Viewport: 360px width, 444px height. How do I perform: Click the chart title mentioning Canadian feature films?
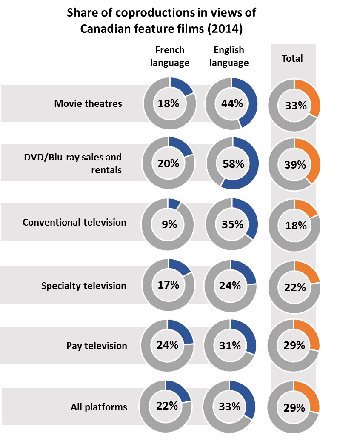click(161, 21)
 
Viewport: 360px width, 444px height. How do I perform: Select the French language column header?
click(170, 56)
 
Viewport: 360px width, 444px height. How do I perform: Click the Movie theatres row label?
click(88, 103)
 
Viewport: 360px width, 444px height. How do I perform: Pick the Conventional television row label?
click(74, 222)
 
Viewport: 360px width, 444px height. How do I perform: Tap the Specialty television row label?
click(84, 286)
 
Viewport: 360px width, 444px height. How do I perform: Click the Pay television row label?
click(97, 345)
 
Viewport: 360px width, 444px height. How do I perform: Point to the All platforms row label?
click(99, 407)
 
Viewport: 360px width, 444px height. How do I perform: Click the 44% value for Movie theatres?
click(232, 103)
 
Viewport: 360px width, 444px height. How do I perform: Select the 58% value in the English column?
click(232, 163)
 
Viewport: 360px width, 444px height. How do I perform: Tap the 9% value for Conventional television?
click(169, 224)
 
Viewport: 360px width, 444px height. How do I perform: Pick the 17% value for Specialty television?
click(169, 284)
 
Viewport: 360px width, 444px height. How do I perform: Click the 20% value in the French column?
click(169, 163)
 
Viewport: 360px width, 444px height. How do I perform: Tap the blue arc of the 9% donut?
click(175, 203)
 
